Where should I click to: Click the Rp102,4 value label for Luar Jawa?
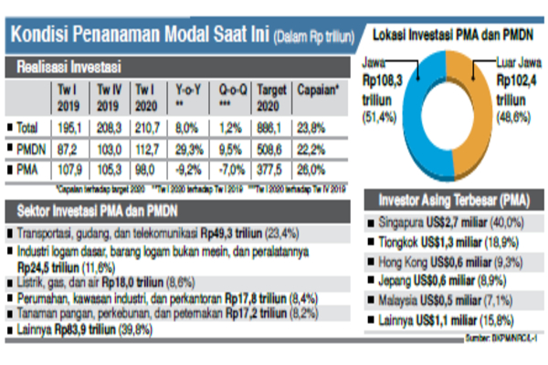click(x=517, y=79)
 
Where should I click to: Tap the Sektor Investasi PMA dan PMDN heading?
click(x=100, y=211)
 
